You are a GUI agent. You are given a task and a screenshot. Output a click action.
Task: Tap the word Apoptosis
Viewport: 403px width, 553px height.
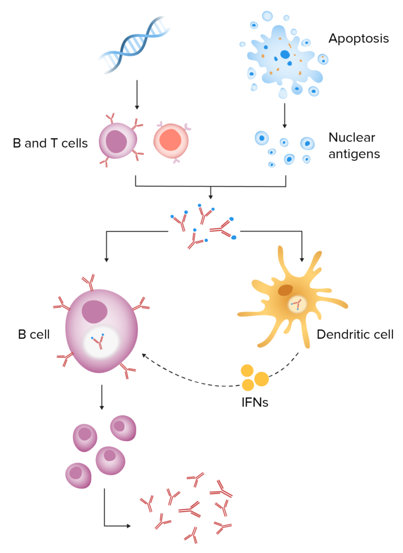[x=358, y=38]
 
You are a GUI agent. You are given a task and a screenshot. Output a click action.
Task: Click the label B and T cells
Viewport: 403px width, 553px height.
[x=50, y=143]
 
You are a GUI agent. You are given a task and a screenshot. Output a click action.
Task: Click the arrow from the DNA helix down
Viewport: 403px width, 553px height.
[x=137, y=95]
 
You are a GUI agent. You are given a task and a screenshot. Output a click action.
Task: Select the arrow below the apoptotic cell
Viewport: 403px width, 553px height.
[x=284, y=116]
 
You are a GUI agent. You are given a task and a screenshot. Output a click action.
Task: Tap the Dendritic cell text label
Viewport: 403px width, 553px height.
[x=355, y=335]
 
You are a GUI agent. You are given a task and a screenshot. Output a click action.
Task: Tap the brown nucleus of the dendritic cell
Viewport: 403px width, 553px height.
[x=285, y=290]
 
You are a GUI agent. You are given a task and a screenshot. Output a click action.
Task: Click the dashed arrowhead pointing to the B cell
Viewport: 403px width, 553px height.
[x=144, y=356]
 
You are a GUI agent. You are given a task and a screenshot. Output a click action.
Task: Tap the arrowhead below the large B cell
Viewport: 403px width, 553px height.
[x=101, y=406]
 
